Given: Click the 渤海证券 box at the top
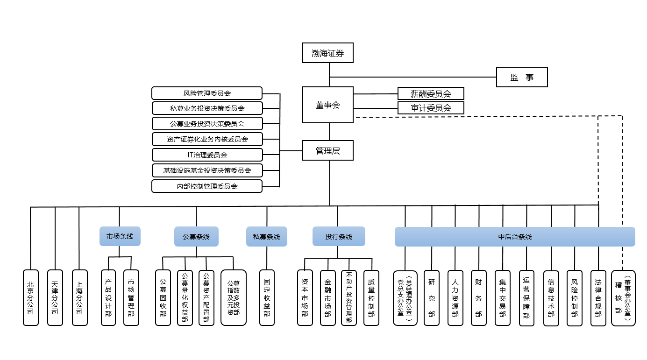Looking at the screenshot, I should point(327,53).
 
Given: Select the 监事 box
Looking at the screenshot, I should point(521,78).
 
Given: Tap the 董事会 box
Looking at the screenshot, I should point(327,105).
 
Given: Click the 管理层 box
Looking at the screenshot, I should point(327,151).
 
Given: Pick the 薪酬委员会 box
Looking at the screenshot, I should point(431,93).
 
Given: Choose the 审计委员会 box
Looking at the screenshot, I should point(431,108).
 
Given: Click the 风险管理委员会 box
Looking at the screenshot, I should point(207,93).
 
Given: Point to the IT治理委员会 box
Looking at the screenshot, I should point(207,155).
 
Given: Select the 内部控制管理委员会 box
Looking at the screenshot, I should point(207,186).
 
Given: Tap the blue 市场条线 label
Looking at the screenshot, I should point(120,236).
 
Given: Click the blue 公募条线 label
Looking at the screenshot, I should point(196,237).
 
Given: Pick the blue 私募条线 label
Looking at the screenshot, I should point(267,237).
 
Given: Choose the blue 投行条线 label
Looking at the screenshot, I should point(339,237).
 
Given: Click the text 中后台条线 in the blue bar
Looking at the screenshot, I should point(515,237).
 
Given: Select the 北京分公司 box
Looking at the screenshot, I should point(31,297).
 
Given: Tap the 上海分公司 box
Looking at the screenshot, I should point(79,297).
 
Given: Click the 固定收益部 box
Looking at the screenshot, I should point(267,297).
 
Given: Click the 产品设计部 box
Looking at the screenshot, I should point(108,297).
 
